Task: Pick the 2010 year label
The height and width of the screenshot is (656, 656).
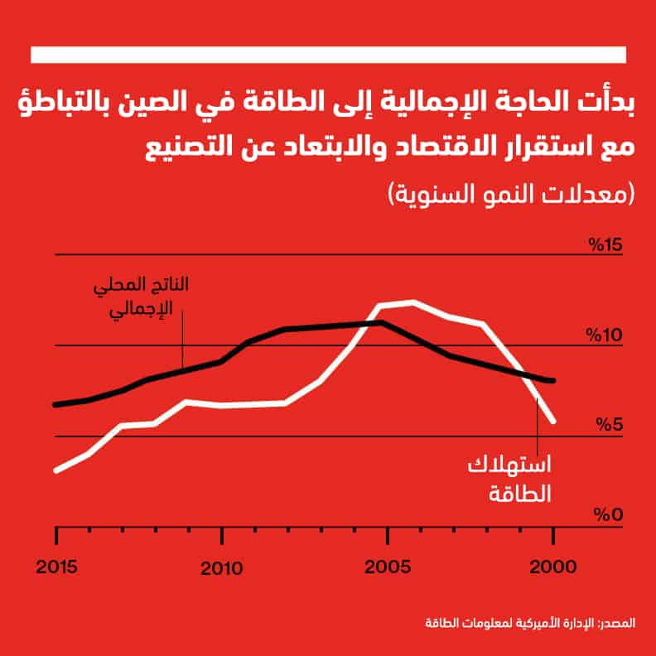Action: tap(222, 568)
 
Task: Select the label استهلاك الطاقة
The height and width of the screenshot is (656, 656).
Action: tap(511, 480)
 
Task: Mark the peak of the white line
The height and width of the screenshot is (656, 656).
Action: tap(412, 302)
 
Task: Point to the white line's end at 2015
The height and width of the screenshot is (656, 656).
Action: tap(56, 470)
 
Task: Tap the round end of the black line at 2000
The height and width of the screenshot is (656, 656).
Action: tap(552, 380)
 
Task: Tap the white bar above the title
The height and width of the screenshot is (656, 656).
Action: tap(327, 54)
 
